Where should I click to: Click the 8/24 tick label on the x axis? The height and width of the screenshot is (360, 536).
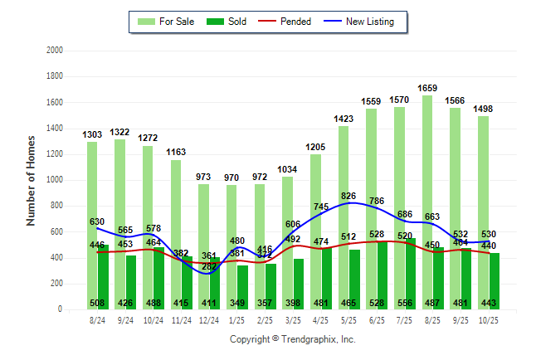[x=98, y=319]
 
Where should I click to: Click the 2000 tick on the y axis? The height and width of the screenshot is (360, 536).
[x=54, y=51]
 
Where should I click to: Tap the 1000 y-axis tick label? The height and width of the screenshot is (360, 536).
[x=54, y=180]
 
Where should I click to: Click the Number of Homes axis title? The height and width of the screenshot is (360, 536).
[x=32, y=180]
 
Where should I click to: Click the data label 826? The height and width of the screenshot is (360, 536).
[x=349, y=196]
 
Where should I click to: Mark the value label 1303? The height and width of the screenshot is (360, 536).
[x=93, y=134]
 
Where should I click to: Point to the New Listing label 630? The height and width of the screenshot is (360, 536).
[x=98, y=221]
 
